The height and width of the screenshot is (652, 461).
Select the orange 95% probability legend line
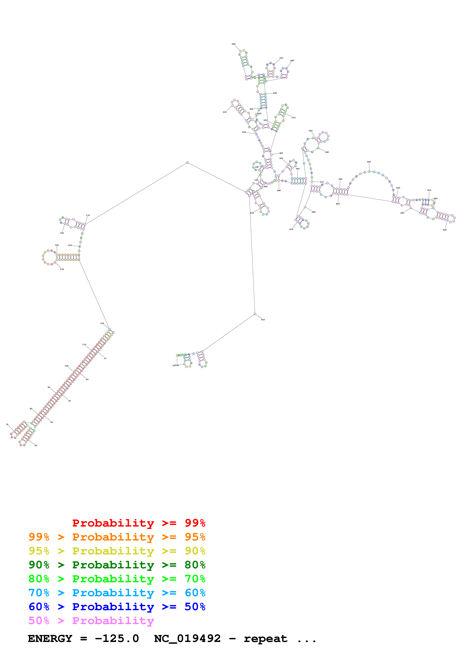tap(117, 537)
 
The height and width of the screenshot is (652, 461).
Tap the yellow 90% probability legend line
tap(117, 551)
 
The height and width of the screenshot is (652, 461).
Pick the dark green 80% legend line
tap(117, 565)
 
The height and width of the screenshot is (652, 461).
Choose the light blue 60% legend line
tap(117, 593)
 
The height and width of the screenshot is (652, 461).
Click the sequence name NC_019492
tap(187, 638)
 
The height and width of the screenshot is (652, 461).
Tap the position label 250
tap(234, 44)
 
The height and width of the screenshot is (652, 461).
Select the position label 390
tap(369, 162)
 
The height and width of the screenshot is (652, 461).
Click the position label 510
tap(263, 319)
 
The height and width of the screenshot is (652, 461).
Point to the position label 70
tap(7, 424)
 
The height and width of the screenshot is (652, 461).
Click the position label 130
tap(62, 269)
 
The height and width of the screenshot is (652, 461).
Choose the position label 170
tap(88, 215)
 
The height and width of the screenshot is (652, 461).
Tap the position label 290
tap(275, 93)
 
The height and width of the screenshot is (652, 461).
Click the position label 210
tap(225, 112)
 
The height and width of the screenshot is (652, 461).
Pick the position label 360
tap(327, 152)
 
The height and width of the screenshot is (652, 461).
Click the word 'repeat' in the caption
tap(265, 638)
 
